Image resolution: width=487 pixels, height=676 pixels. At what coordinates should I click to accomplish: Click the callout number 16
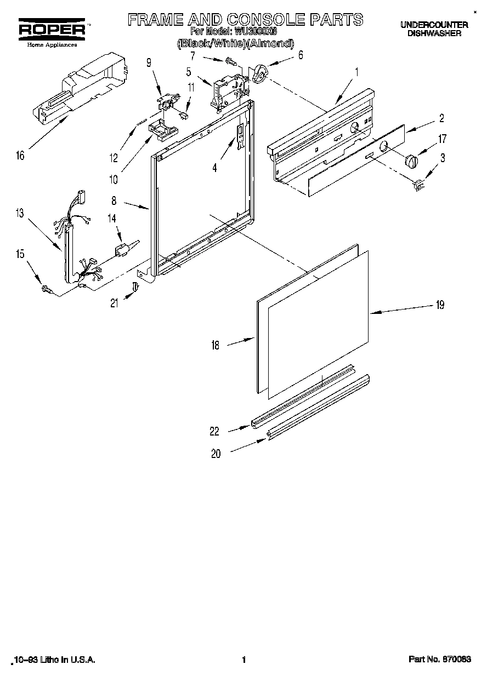[20, 156]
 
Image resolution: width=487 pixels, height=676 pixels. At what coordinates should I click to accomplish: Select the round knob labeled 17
[411, 161]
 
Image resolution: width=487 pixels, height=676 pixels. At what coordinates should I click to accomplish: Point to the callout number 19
[439, 306]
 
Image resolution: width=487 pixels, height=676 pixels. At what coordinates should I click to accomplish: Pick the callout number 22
[214, 432]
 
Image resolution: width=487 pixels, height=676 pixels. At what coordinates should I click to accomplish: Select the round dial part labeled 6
[260, 73]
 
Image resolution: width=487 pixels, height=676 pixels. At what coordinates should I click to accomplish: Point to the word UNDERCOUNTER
[433, 25]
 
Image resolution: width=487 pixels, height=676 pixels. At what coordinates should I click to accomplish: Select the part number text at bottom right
[440, 660]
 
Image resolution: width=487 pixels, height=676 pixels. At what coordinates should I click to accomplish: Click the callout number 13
[20, 214]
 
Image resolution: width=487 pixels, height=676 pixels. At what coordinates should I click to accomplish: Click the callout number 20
[216, 454]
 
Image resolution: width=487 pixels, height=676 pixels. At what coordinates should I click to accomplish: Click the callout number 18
[215, 345]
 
